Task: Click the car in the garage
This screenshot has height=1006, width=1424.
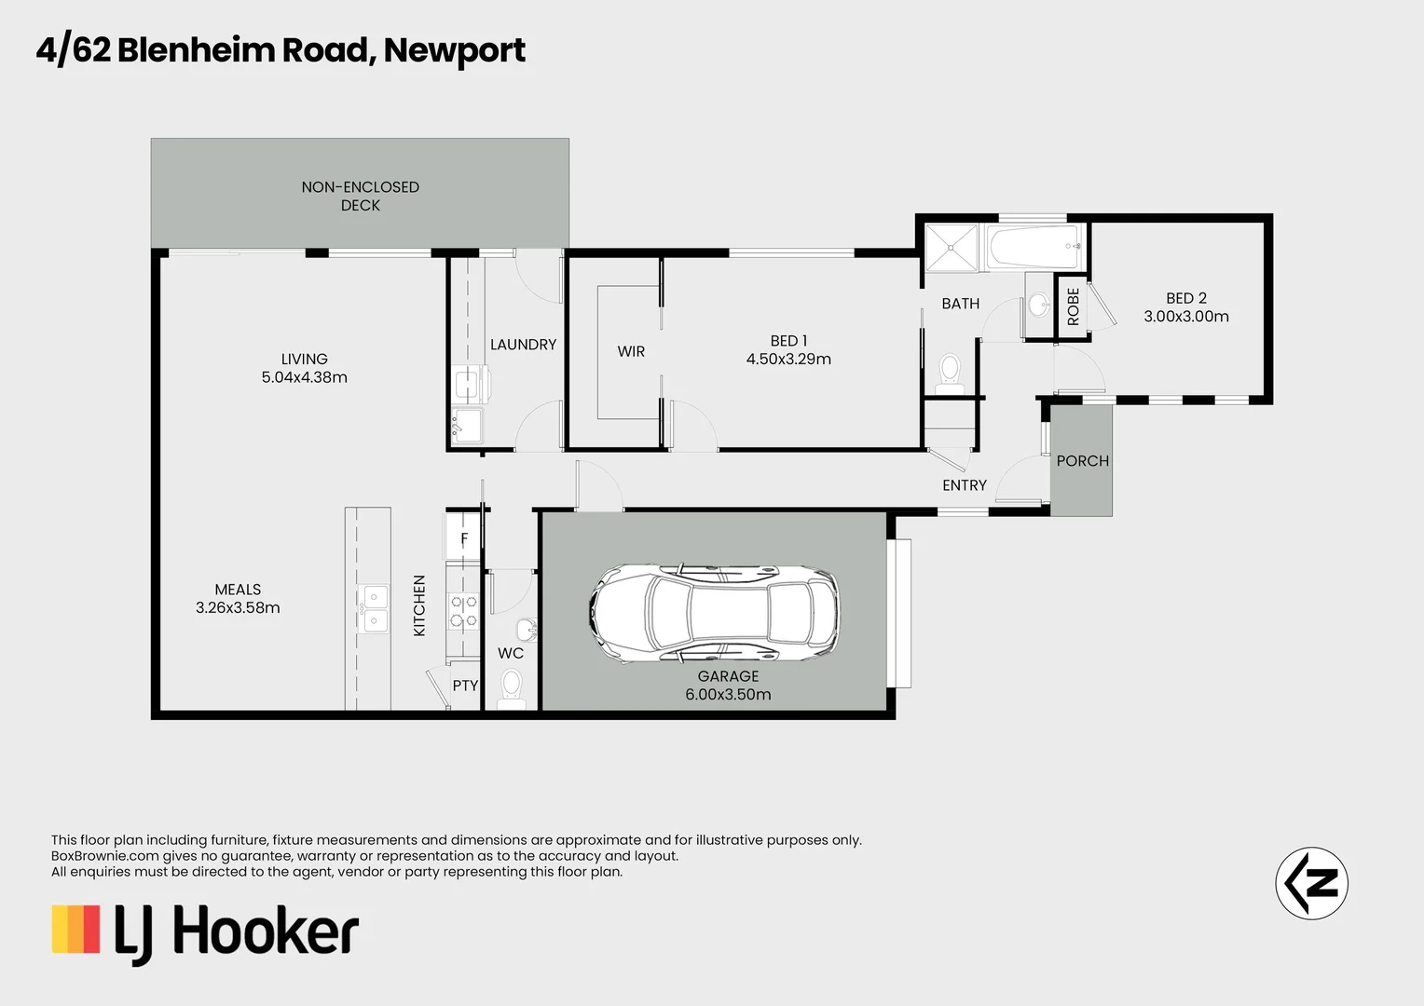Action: point(714,614)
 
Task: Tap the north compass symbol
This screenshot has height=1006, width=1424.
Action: point(1311,883)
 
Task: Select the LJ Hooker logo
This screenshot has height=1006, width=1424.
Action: point(205,931)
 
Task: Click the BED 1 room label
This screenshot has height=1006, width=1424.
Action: point(788,341)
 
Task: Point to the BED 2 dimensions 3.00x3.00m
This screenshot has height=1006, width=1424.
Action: point(1186,317)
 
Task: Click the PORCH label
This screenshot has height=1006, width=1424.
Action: point(1082,461)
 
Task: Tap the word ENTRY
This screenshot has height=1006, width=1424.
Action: point(964,485)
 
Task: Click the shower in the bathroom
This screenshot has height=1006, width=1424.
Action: point(951,248)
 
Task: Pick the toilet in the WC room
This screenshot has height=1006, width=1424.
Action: point(511,688)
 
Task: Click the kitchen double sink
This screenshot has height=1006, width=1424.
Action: point(375,608)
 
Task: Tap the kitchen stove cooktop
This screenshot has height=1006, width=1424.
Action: point(464,611)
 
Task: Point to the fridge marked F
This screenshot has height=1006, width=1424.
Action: point(464,539)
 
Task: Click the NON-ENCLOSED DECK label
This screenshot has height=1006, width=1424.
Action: point(360,196)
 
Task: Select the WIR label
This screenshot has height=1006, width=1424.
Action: point(631,351)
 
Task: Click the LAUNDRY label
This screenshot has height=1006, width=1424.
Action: point(523,345)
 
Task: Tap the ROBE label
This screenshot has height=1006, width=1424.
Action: point(1073,306)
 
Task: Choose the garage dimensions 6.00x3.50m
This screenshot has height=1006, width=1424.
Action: point(728,695)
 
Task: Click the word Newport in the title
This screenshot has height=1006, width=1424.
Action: point(454,50)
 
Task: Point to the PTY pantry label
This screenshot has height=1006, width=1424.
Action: point(465,686)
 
